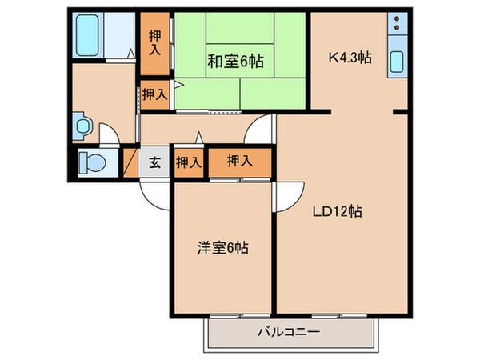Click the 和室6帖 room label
[237, 59]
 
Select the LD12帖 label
[338, 212]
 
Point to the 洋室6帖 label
[222, 247]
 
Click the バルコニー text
[289, 331]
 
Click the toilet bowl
[93, 162]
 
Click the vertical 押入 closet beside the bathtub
[155, 43]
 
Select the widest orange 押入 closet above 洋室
[239, 161]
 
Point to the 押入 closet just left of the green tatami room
[155, 94]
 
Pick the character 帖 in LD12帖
[358, 212]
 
